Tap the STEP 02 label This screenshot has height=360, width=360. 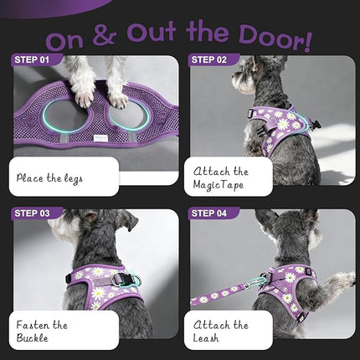[208, 59]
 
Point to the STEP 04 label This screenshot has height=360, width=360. [208, 213]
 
